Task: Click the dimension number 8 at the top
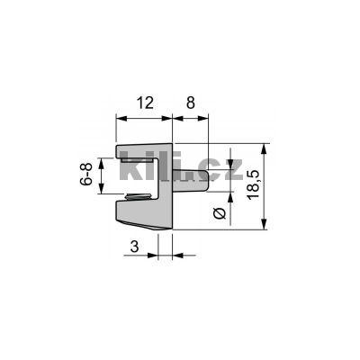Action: tap(191, 103)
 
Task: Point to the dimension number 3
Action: tap(134, 244)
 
